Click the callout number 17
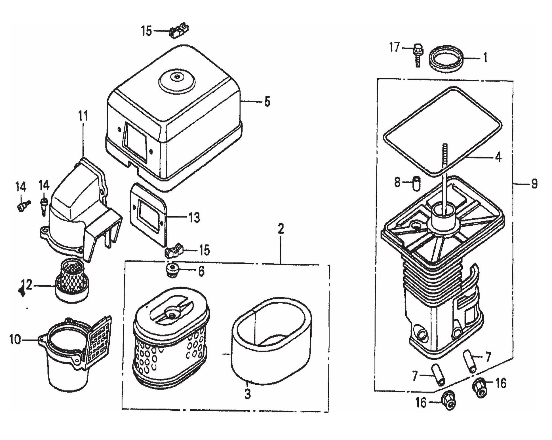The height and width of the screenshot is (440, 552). pyautogui.click(x=394, y=47)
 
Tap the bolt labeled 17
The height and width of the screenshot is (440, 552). pyautogui.click(x=417, y=55)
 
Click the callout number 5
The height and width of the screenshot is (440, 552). pyautogui.click(x=267, y=101)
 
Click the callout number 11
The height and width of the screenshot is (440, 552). pyautogui.click(x=83, y=116)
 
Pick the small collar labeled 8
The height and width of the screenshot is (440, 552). pyautogui.click(x=416, y=183)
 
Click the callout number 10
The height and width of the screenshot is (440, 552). pyautogui.click(x=15, y=339)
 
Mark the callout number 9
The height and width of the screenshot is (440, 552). pyautogui.click(x=534, y=184)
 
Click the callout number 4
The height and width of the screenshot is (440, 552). pyautogui.click(x=498, y=157)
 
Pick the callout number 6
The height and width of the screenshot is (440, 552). pyautogui.click(x=201, y=271)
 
